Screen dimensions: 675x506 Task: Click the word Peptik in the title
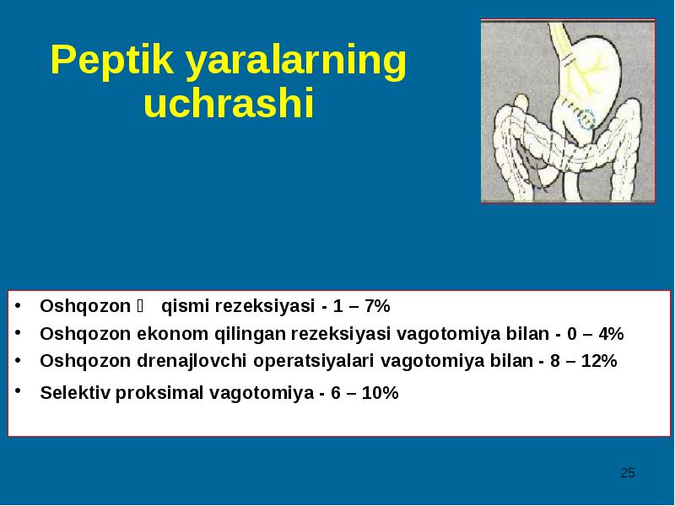tap(112, 60)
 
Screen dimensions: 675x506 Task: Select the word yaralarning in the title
tap(296, 61)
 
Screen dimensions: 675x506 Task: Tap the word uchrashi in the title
tap(229, 103)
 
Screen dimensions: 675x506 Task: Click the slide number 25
tap(628, 473)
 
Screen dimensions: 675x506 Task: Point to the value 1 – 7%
tap(362, 306)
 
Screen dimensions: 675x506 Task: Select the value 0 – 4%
tap(596, 333)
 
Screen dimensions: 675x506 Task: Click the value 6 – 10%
tap(364, 392)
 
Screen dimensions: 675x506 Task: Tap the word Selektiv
tap(75, 392)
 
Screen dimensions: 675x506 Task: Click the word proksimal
tap(159, 393)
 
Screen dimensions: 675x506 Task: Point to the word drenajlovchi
tap(192, 362)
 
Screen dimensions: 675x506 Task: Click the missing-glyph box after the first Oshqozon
tap(140, 306)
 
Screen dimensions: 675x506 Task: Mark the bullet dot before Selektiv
tap(18, 390)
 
